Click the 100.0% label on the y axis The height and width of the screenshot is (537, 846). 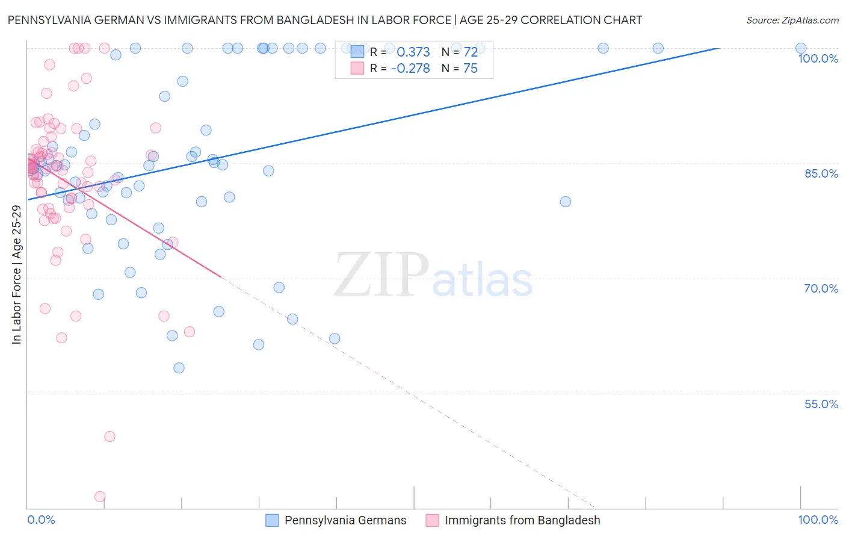point(818,58)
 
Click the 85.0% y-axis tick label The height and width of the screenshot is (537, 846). point(821,173)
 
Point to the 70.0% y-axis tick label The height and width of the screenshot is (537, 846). point(821,288)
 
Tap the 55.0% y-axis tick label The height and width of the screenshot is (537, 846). point(821,404)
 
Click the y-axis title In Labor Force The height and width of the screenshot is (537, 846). point(16,275)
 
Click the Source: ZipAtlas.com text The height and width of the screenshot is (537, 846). point(792,20)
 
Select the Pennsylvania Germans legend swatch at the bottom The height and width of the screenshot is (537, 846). point(272,520)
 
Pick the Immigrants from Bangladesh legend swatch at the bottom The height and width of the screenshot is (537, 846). point(432,520)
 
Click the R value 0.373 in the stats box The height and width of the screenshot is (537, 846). point(413,52)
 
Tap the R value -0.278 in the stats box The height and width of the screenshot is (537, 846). point(410,69)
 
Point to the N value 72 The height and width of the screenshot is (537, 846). point(470,52)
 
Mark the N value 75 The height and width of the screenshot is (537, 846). point(470,69)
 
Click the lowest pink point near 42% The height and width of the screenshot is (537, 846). point(100,497)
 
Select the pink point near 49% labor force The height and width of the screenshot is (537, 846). point(110,436)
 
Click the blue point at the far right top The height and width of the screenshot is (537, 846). point(801,48)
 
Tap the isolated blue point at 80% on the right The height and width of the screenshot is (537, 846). point(566,202)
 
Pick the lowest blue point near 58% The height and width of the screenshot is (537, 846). point(179,368)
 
